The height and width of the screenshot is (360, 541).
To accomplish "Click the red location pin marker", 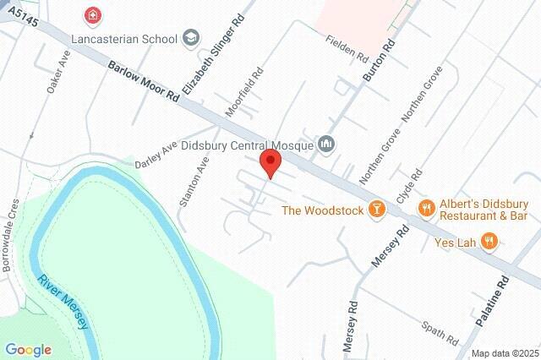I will pos(270,163).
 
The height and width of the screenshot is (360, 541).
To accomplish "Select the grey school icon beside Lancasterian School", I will pos(192,37).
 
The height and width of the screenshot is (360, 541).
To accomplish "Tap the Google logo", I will pos(28,349).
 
